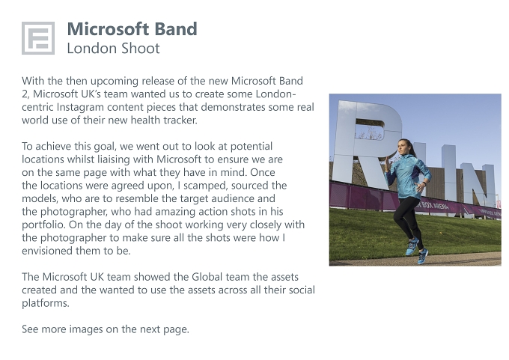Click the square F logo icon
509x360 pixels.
click(x=38, y=38)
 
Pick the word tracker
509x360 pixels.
click(x=180, y=120)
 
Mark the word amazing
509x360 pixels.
click(x=171, y=212)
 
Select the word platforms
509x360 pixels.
click(x=46, y=303)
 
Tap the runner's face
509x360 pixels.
click(x=403, y=147)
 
